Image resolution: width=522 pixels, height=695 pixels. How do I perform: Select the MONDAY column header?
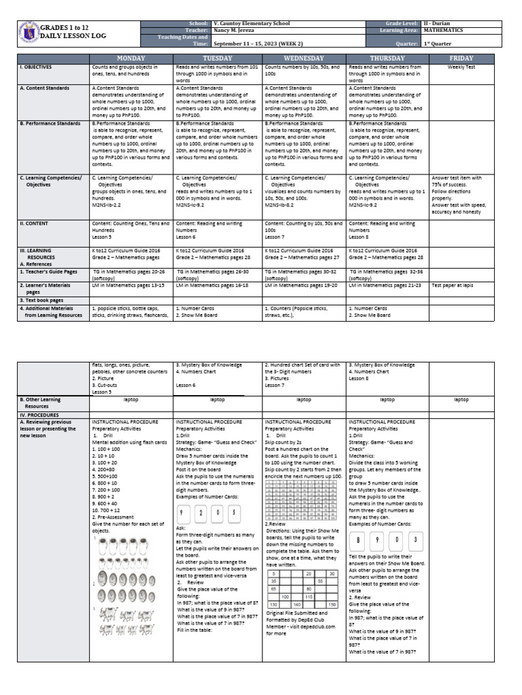pyautogui.click(x=131, y=58)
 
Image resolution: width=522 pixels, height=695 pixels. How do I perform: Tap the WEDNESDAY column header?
pyautogui.click(x=303, y=58)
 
